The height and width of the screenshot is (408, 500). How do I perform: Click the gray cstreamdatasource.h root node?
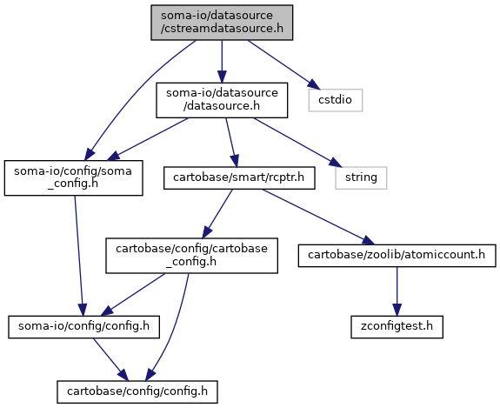pos(222,23)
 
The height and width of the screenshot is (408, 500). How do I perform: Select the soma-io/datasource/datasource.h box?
pos(222,100)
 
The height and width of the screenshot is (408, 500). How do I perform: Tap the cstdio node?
pos(336,100)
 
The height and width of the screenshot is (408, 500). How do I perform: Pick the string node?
pos(361,177)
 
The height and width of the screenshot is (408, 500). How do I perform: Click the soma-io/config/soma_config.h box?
pos(73,177)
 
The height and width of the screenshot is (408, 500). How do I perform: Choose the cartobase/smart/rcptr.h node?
pos(239,177)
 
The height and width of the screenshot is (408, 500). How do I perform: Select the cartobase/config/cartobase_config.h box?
pos(191,256)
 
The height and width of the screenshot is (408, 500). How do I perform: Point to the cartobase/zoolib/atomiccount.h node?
pos(397,256)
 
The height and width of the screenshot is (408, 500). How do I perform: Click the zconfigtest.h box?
pos(397,327)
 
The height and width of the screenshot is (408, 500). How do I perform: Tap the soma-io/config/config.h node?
pos(83,327)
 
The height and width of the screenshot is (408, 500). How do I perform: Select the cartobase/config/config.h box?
pos(137,391)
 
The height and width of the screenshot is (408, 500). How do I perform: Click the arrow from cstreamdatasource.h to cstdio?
pos(283,64)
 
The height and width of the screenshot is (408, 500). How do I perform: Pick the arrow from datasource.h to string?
pos(297,143)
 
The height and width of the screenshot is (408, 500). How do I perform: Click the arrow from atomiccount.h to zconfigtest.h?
pos(397,291)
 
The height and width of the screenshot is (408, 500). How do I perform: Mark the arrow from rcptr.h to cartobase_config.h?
pos(217,213)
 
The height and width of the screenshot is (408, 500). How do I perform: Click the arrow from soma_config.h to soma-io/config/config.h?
pos(79,256)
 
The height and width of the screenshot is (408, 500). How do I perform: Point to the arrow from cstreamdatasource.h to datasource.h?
pos(222,61)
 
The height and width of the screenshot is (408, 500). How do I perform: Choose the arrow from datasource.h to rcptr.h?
pos(231,143)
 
